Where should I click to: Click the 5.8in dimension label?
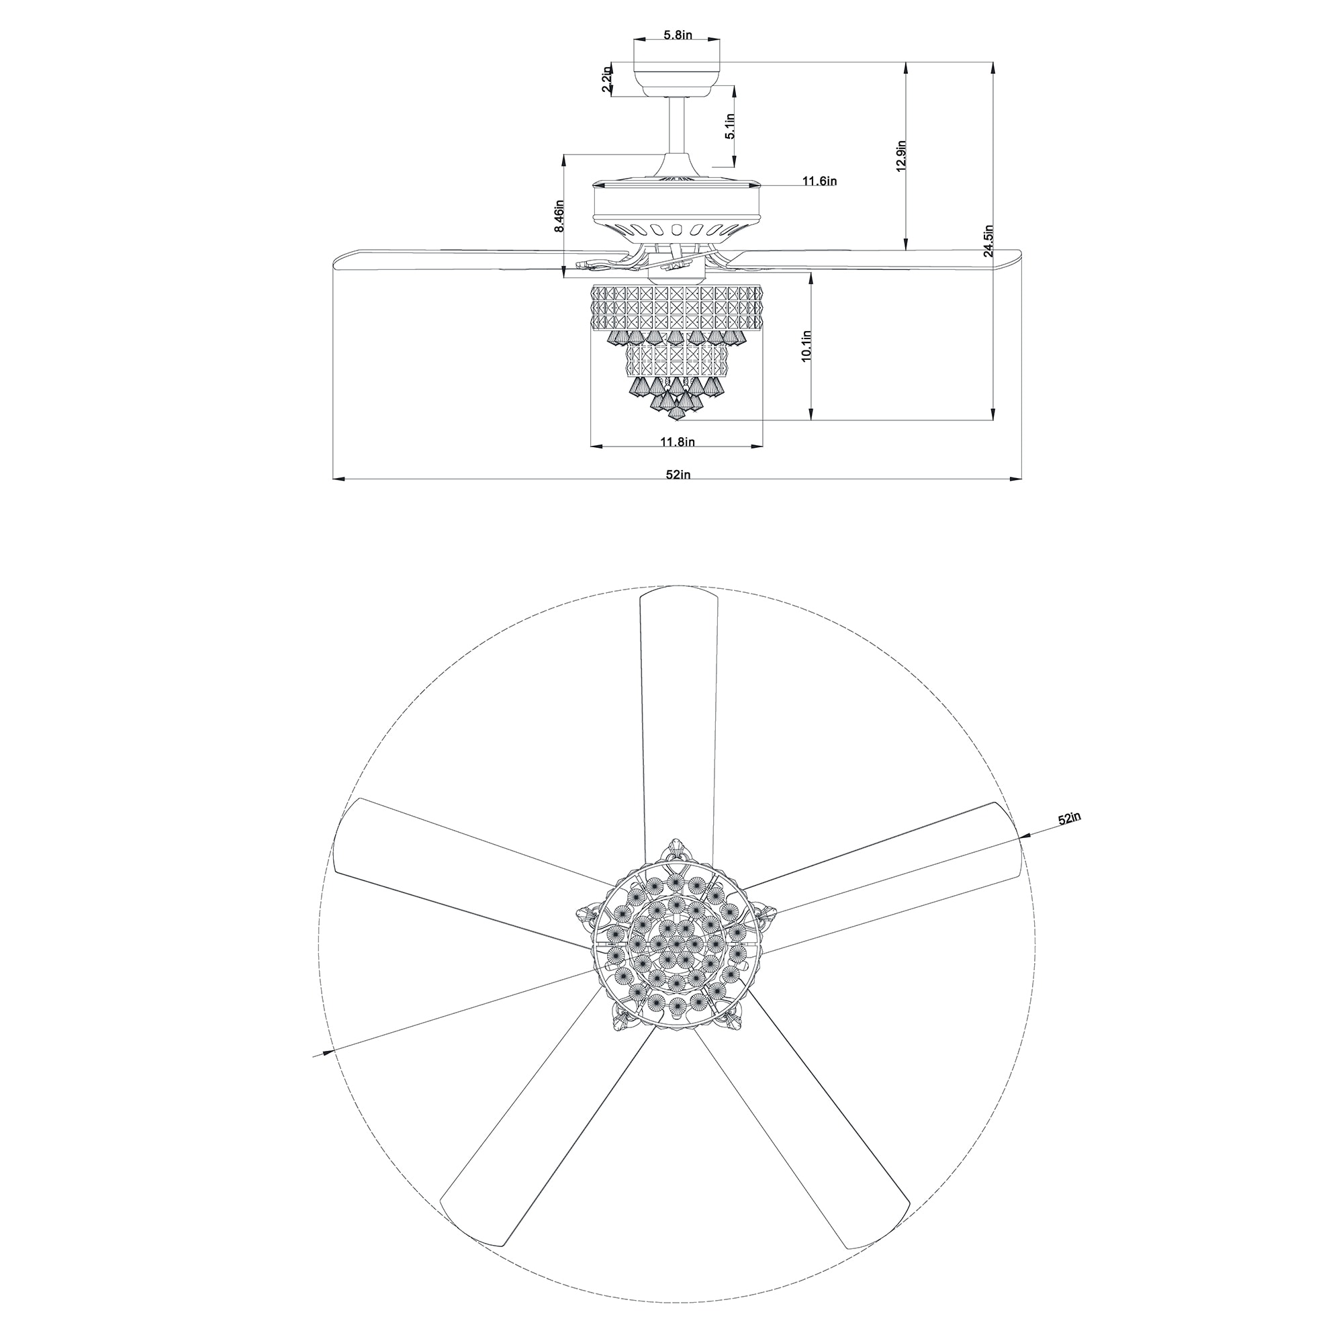pyautogui.click(x=677, y=35)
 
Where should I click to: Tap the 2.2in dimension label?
pyautogui.click(x=607, y=79)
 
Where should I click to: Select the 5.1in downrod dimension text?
pyautogui.click(x=729, y=127)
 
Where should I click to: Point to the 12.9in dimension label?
pyautogui.click(x=901, y=156)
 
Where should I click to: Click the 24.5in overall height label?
pyautogui.click(x=988, y=241)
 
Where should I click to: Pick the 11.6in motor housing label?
pyautogui.click(x=819, y=181)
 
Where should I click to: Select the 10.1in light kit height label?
pyautogui.click(x=806, y=345)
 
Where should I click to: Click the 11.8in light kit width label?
pyautogui.click(x=677, y=441)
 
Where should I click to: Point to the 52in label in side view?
pyautogui.click(x=677, y=475)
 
